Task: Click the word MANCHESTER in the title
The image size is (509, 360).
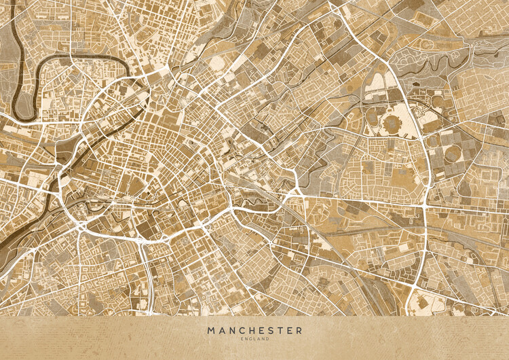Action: click(x=254, y=331)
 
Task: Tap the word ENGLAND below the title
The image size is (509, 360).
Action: click(x=254, y=339)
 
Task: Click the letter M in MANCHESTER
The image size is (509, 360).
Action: click(x=212, y=331)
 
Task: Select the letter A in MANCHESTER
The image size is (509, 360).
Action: click(x=222, y=331)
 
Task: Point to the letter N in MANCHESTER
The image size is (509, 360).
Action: click(x=232, y=331)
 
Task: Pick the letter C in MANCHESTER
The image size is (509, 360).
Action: click(x=242, y=331)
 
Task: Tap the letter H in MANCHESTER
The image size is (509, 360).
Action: click(x=252, y=331)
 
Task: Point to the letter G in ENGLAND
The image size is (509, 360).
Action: click(x=249, y=339)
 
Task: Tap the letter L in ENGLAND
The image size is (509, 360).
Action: click(x=253, y=339)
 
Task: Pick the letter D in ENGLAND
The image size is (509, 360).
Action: click(x=267, y=339)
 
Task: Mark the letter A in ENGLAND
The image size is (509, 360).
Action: click(x=257, y=339)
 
